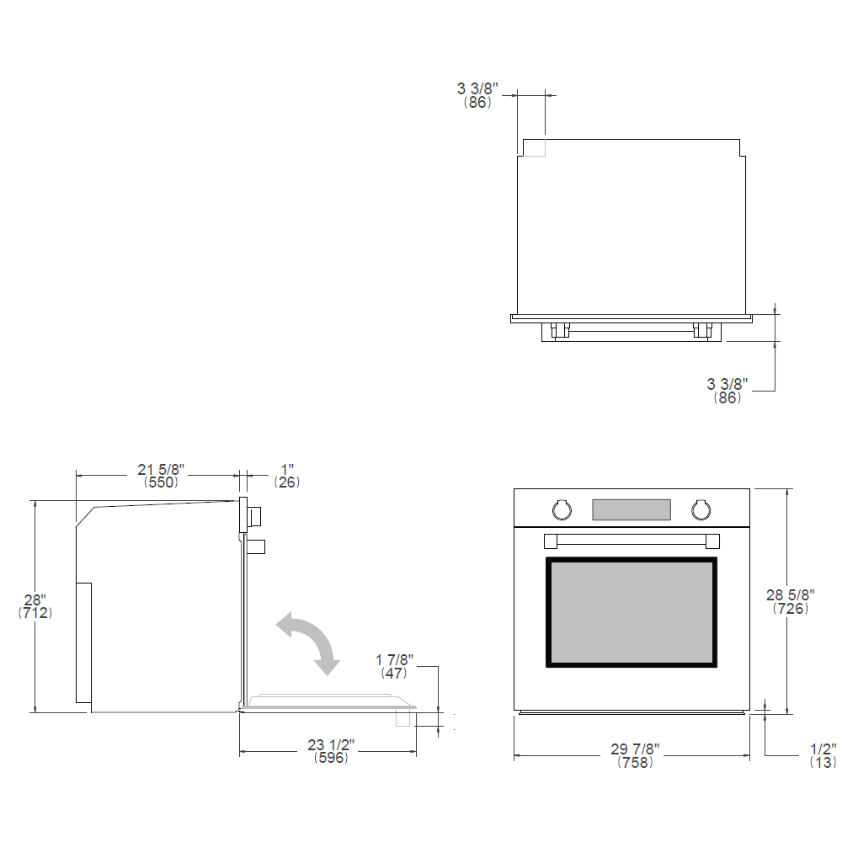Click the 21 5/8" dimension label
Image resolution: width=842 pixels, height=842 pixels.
[161, 470]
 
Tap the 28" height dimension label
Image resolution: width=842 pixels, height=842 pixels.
[35, 600]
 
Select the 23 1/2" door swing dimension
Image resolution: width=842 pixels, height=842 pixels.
[330, 745]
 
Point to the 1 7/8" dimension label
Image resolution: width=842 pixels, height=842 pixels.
[395, 660]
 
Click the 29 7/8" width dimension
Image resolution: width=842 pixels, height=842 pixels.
[634, 749]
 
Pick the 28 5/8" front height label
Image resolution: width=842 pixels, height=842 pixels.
[790, 595]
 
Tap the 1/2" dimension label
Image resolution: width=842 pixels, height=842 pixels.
[822, 749]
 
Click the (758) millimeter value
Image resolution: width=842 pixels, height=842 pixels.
[634, 763]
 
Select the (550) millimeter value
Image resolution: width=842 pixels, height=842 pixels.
[161, 482]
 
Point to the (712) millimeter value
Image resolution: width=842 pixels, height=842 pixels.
[35, 613]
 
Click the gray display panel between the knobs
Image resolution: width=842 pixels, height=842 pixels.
[631, 509]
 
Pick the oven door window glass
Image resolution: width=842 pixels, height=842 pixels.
[631, 612]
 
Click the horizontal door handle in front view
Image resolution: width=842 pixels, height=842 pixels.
[631, 539]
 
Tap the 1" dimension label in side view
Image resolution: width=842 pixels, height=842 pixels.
[287, 470]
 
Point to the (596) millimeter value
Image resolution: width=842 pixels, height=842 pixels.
[330, 758]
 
